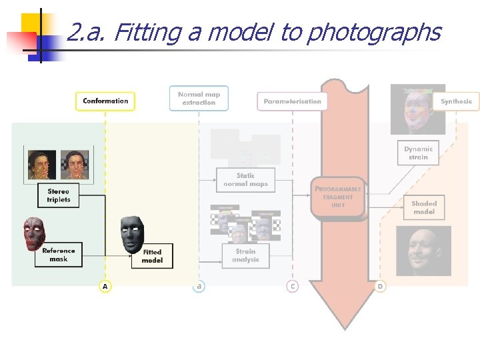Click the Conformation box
pyautogui.click(x=105, y=101)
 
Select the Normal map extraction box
pyautogui.click(x=199, y=99)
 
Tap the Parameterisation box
pyautogui.click(x=292, y=101)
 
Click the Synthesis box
pyautogui.click(x=457, y=101)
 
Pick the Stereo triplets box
pyautogui.click(x=59, y=196)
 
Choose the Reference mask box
pyautogui.click(x=59, y=255)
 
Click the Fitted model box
pyautogui.click(x=152, y=256)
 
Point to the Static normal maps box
pyautogui.click(x=245, y=180)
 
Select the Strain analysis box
pyautogui.click(x=245, y=255)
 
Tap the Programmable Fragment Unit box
pyautogui.click(x=338, y=197)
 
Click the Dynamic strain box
pyautogui.click(x=418, y=153)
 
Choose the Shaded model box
pyautogui.click(x=424, y=207)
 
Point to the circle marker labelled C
pyautogui.click(x=292, y=286)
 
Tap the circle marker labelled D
pyautogui.click(x=380, y=286)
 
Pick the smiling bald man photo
pyautogui.click(x=423, y=251)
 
